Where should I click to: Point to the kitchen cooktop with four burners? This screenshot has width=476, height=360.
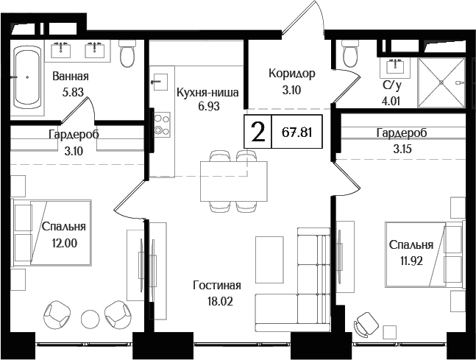[x=159, y=123]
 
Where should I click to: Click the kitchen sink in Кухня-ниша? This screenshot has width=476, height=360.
[x=160, y=79]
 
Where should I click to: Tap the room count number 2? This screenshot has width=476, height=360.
[x=257, y=133]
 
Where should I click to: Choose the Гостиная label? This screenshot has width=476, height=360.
[x=217, y=285]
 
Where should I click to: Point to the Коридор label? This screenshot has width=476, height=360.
[x=291, y=74]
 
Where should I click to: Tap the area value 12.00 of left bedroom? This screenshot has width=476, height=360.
[x=63, y=241]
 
